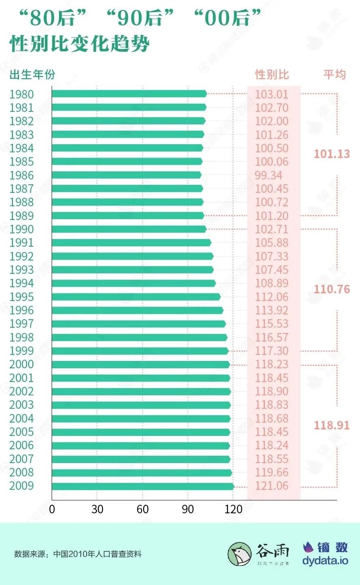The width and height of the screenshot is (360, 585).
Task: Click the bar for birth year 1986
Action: click(x=126, y=175)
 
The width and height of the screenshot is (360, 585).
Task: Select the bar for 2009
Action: click(x=143, y=486)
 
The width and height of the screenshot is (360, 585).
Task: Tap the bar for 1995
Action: click(x=136, y=297)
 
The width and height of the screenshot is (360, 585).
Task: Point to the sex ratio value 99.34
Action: click(x=268, y=175)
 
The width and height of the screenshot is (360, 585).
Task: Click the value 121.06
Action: click(x=272, y=486)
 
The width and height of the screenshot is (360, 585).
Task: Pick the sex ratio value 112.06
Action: click(x=272, y=297)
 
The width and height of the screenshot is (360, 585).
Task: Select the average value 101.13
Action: click(x=332, y=154)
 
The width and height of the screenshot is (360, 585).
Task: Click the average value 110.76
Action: click(x=332, y=289)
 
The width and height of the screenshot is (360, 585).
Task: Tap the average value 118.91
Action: click(x=332, y=425)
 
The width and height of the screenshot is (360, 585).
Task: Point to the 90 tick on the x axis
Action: click(x=188, y=509)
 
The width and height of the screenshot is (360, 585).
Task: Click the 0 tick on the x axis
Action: click(x=52, y=509)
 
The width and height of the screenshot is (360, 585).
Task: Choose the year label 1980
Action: click(x=21, y=94)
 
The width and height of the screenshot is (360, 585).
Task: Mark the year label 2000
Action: click(x=21, y=364)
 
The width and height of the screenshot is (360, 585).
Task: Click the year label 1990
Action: click(x=21, y=229)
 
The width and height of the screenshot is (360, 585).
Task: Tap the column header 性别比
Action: click(x=272, y=75)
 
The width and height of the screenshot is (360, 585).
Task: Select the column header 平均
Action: click(x=334, y=75)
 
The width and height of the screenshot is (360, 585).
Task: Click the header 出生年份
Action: click(x=32, y=75)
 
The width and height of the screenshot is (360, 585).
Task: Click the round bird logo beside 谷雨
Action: click(x=240, y=554)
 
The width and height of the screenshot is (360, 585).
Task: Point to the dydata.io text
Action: click(x=325, y=561)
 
